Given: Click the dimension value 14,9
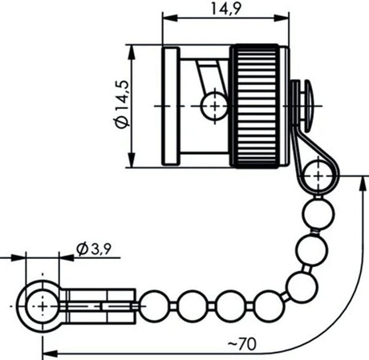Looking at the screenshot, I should pyautogui.click(x=224, y=9).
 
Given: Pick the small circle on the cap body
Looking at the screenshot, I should pyautogui.click(x=213, y=104).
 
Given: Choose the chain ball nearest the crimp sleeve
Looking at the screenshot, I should pyautogui.click(x=152, y=304).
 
